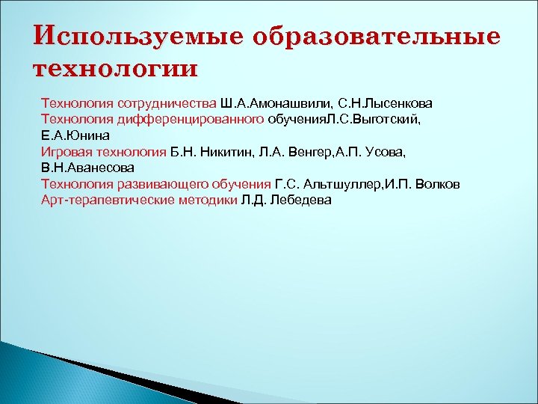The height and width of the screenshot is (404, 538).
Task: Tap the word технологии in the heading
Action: tap(116, 69)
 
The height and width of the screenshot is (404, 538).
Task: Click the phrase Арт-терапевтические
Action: tap(100, 201)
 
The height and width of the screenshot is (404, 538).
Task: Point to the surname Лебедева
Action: tap(302, 201)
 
